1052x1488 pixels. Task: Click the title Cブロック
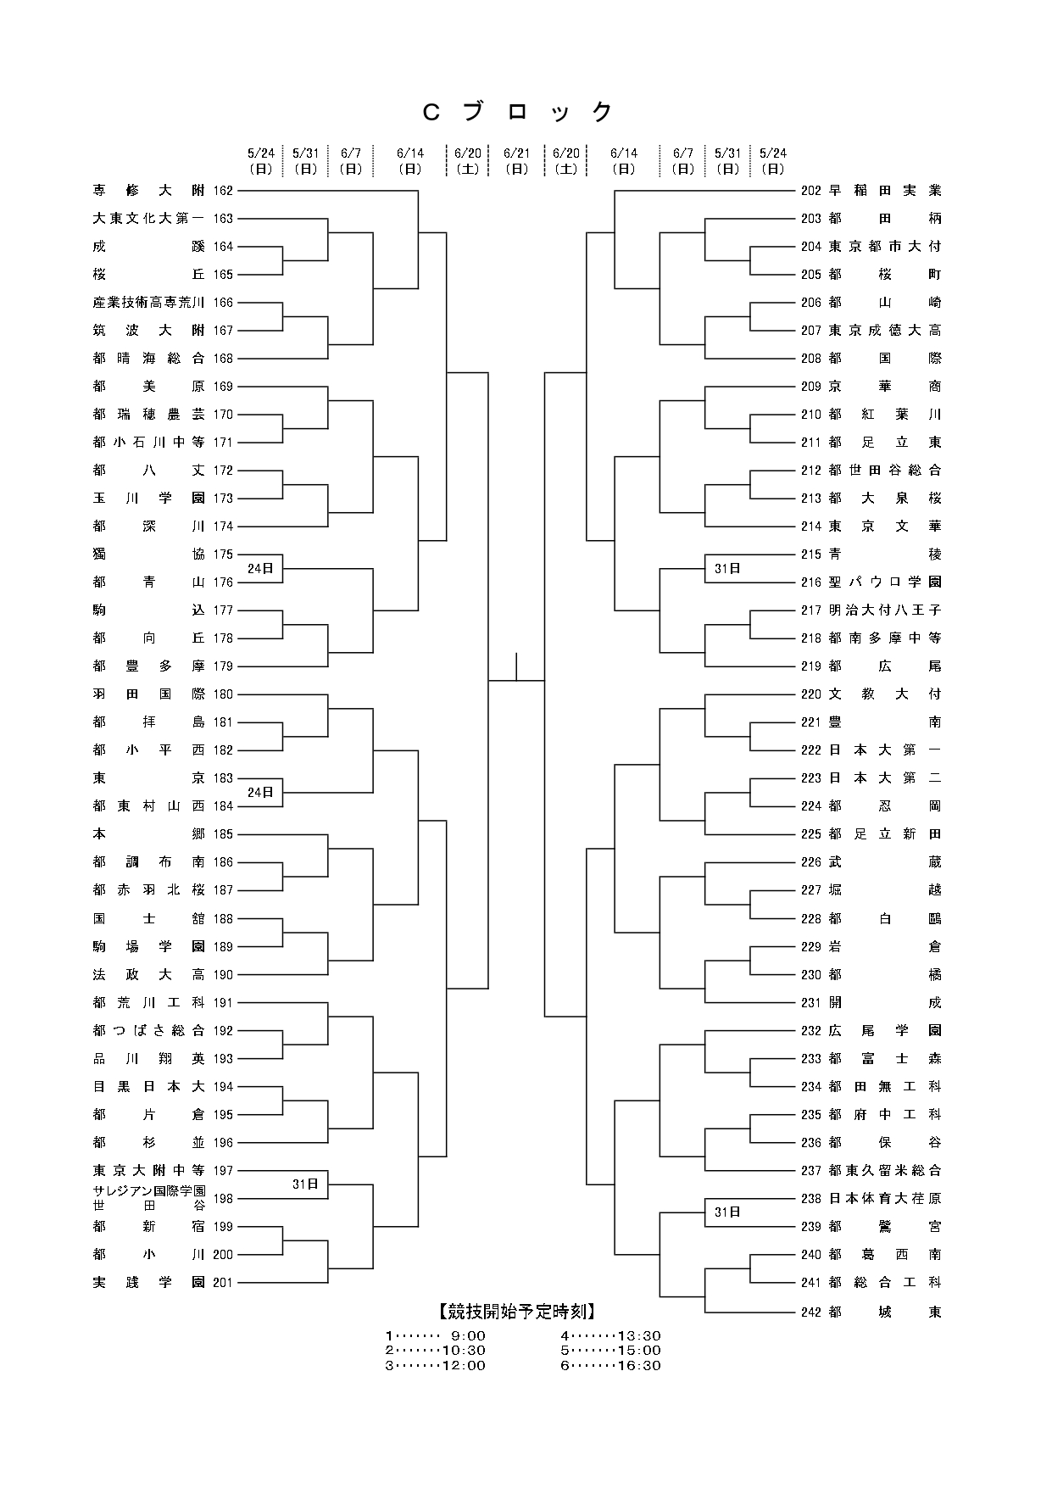[x=517, y=112]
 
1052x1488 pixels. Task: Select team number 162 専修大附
[x=163, y=191]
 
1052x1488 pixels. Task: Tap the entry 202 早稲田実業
[x=871, y=191]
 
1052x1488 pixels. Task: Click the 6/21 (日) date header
[x=516, y=160]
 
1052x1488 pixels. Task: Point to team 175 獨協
[x=163, y=555]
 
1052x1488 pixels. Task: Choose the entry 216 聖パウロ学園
[x=871, y=582]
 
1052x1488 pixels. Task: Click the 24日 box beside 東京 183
[x=260, y=792]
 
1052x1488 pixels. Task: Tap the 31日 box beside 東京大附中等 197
[x=305, y=1184]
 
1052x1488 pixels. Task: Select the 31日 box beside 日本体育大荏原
[x=727, y=1212]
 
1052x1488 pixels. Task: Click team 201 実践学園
[x=163, y=1282]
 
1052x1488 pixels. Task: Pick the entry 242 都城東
[x=871, y=1312]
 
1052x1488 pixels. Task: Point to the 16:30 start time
[x=637, y=1365]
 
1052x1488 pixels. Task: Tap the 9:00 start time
[x=465, y=1336]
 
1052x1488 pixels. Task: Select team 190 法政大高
[x=163, y=974]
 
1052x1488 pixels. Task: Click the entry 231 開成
[x=871, y=1002]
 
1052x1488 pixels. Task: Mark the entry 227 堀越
[x=871, y=890]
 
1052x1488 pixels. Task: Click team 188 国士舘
[x=163, y=918]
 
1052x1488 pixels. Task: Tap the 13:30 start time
[x=637, y=1336]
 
